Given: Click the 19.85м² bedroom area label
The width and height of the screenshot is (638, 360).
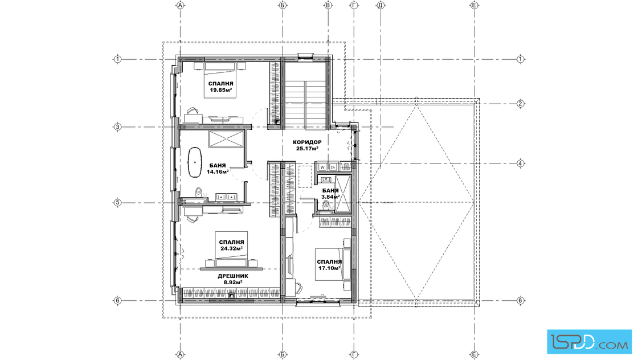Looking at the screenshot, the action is click(221, 87).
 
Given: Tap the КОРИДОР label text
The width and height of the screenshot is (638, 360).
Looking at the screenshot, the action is click(307, 142).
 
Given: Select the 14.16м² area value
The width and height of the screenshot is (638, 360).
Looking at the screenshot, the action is click(218, 171).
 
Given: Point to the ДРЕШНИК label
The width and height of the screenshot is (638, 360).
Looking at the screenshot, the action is click(233, 276).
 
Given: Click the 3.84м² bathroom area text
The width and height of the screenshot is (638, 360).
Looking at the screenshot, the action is click(330, 197).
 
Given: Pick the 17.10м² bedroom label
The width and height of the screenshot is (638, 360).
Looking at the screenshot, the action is click(329, 265).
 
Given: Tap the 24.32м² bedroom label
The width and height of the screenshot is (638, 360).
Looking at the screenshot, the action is click(231, 246).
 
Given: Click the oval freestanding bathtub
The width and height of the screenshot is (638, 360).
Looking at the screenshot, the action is click(195, 162).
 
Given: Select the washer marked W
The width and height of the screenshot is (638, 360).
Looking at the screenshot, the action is click(322, 167).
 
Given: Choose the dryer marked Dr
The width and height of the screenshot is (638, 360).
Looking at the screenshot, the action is click(333, 167).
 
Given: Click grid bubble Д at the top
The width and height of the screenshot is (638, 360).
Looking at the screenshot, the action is click(381, 5).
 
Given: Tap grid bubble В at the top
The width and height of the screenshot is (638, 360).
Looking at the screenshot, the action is click(328, 5).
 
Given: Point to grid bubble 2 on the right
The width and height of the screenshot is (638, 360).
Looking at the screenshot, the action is click(521, 104).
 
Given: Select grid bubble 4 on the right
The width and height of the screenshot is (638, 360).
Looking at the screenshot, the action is click(521, 163).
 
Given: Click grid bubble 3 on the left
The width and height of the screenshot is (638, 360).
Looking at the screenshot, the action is click(117, 127).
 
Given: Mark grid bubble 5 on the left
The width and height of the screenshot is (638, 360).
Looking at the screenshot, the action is click(117, 203).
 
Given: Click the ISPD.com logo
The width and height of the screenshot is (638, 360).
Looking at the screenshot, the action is click(589, 342).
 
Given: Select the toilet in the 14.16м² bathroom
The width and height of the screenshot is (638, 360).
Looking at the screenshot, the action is click(199, 192).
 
